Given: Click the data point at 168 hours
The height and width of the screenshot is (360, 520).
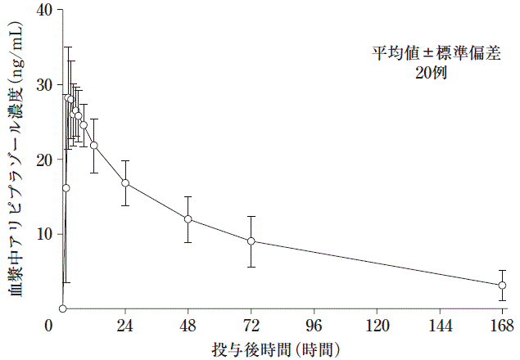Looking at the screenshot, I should point(502,285).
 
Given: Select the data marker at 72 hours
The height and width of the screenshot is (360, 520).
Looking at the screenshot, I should point(251,241).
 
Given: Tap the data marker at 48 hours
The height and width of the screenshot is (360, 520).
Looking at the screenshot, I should point(188,219).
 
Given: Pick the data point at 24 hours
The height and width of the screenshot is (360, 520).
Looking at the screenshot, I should point(125,182).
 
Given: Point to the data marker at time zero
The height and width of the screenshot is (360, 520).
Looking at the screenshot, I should point(62,308).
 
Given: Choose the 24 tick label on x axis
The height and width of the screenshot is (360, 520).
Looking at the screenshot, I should point(125,325).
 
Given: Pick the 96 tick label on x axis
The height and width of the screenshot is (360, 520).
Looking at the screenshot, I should point(314,325).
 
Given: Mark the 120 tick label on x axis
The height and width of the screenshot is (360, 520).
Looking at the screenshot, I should point(377,325).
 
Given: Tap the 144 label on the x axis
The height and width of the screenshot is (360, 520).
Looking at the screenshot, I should point(440,325).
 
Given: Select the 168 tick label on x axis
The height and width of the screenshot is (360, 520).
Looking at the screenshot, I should point(502,325).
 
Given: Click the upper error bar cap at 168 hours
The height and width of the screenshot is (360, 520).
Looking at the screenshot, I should point(502,270).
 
